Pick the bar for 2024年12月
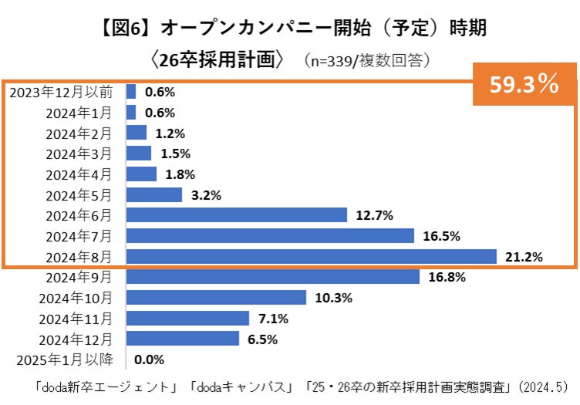pos(182,338)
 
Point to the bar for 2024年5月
pos(153,194)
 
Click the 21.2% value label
pos(523,257)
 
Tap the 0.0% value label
pos(150,359)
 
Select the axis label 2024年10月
pos(79,297)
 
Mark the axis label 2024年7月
pos(79,235)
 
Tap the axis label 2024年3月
pos(79,154)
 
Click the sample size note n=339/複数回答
pos(367,59)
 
